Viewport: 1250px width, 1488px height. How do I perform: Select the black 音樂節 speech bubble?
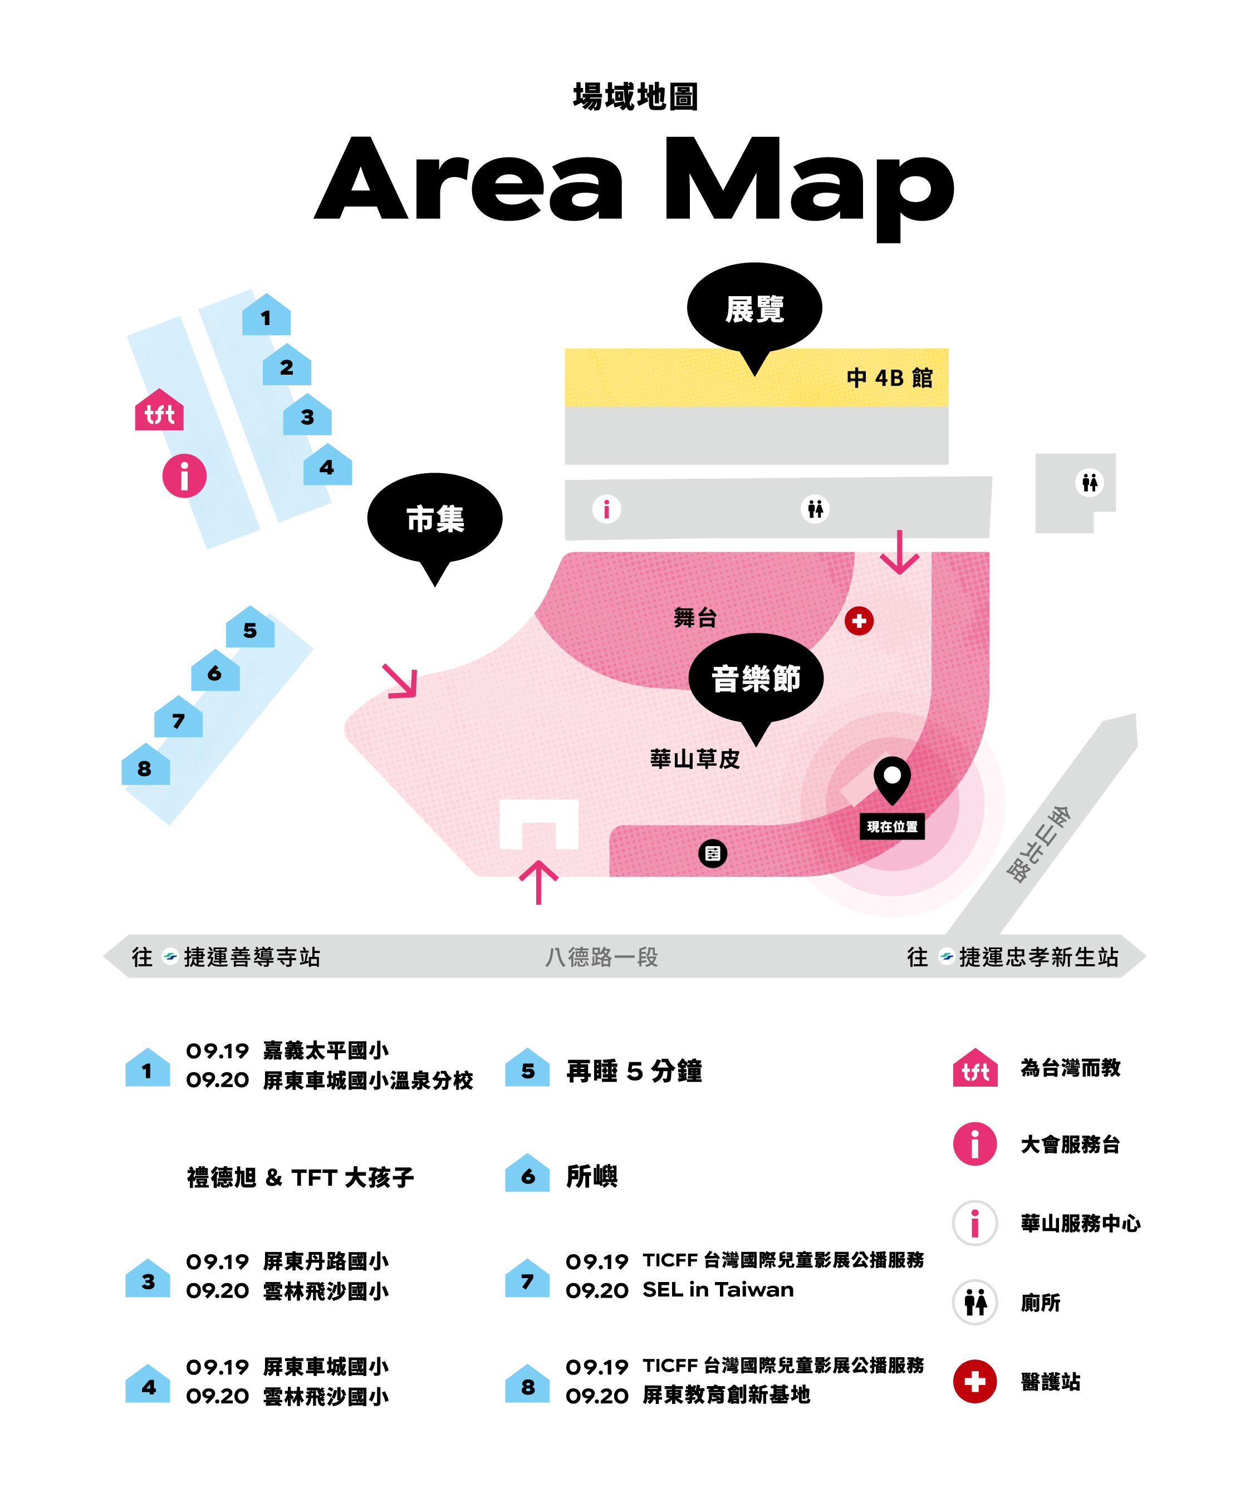756,680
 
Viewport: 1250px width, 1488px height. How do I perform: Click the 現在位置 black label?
891,826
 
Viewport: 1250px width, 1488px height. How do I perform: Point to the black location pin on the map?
892,778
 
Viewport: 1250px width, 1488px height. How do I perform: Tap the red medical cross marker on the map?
859,621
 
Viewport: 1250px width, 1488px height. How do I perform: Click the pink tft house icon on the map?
159,410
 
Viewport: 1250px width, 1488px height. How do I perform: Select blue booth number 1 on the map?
267,315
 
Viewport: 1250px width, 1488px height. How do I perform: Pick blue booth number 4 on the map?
327,465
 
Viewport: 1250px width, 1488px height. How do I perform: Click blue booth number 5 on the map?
250,627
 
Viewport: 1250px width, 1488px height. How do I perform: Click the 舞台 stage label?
695,618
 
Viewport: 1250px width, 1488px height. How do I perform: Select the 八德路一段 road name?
602,957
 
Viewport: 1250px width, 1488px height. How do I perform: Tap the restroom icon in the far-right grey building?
1090,483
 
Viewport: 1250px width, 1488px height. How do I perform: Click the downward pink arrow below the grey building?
899,552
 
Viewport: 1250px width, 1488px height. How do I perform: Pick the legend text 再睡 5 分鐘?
634,1070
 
